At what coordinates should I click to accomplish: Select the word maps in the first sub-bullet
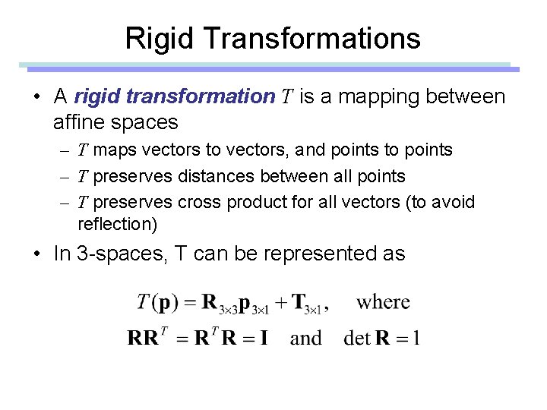pos(112,150)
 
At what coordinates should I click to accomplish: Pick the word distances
pos(217,176)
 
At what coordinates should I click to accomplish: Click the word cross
pos(197,203)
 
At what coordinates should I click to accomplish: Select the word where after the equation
pos(383,301)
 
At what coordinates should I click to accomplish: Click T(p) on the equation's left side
pos(159,302)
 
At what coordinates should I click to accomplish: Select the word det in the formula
pos(356,337)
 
